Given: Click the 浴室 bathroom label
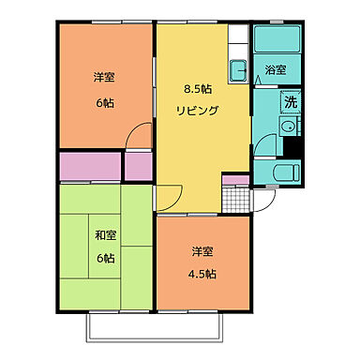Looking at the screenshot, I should (x=276, y=70).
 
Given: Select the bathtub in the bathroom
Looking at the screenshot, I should (x=277, y=41).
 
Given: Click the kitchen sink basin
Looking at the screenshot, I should (x=238, y=69).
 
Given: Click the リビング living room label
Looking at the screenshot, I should (x=197, y=110).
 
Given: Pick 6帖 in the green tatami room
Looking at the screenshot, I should (x=104, y=258).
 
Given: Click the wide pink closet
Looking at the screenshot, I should (x=90, y=166).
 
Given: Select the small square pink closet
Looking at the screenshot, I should (x=139, y=166).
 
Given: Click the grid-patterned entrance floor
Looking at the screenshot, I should (x=235, y=200).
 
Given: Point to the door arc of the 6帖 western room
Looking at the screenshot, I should (x=139, y=134).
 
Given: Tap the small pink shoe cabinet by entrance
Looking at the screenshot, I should (x=235, y=178).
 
